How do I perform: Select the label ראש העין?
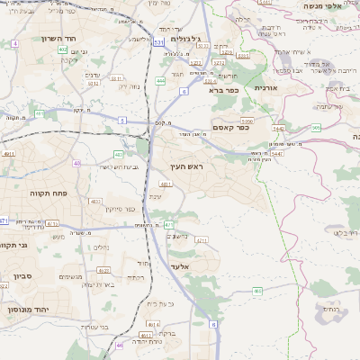tap(186, 167)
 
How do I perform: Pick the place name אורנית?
tap(266, 87)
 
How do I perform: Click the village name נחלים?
tap(102, 247)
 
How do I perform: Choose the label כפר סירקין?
tap(119, 209)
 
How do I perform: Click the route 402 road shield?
tap(62, 49)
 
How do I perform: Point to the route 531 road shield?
tap(158, 41)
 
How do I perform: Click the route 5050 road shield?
tap(247, 119)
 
